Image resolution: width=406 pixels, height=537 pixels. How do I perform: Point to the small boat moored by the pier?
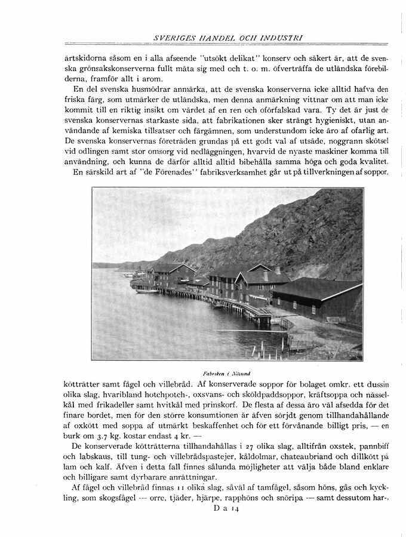click(147, 291)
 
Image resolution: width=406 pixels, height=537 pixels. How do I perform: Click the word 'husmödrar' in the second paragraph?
click(140, 90)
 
